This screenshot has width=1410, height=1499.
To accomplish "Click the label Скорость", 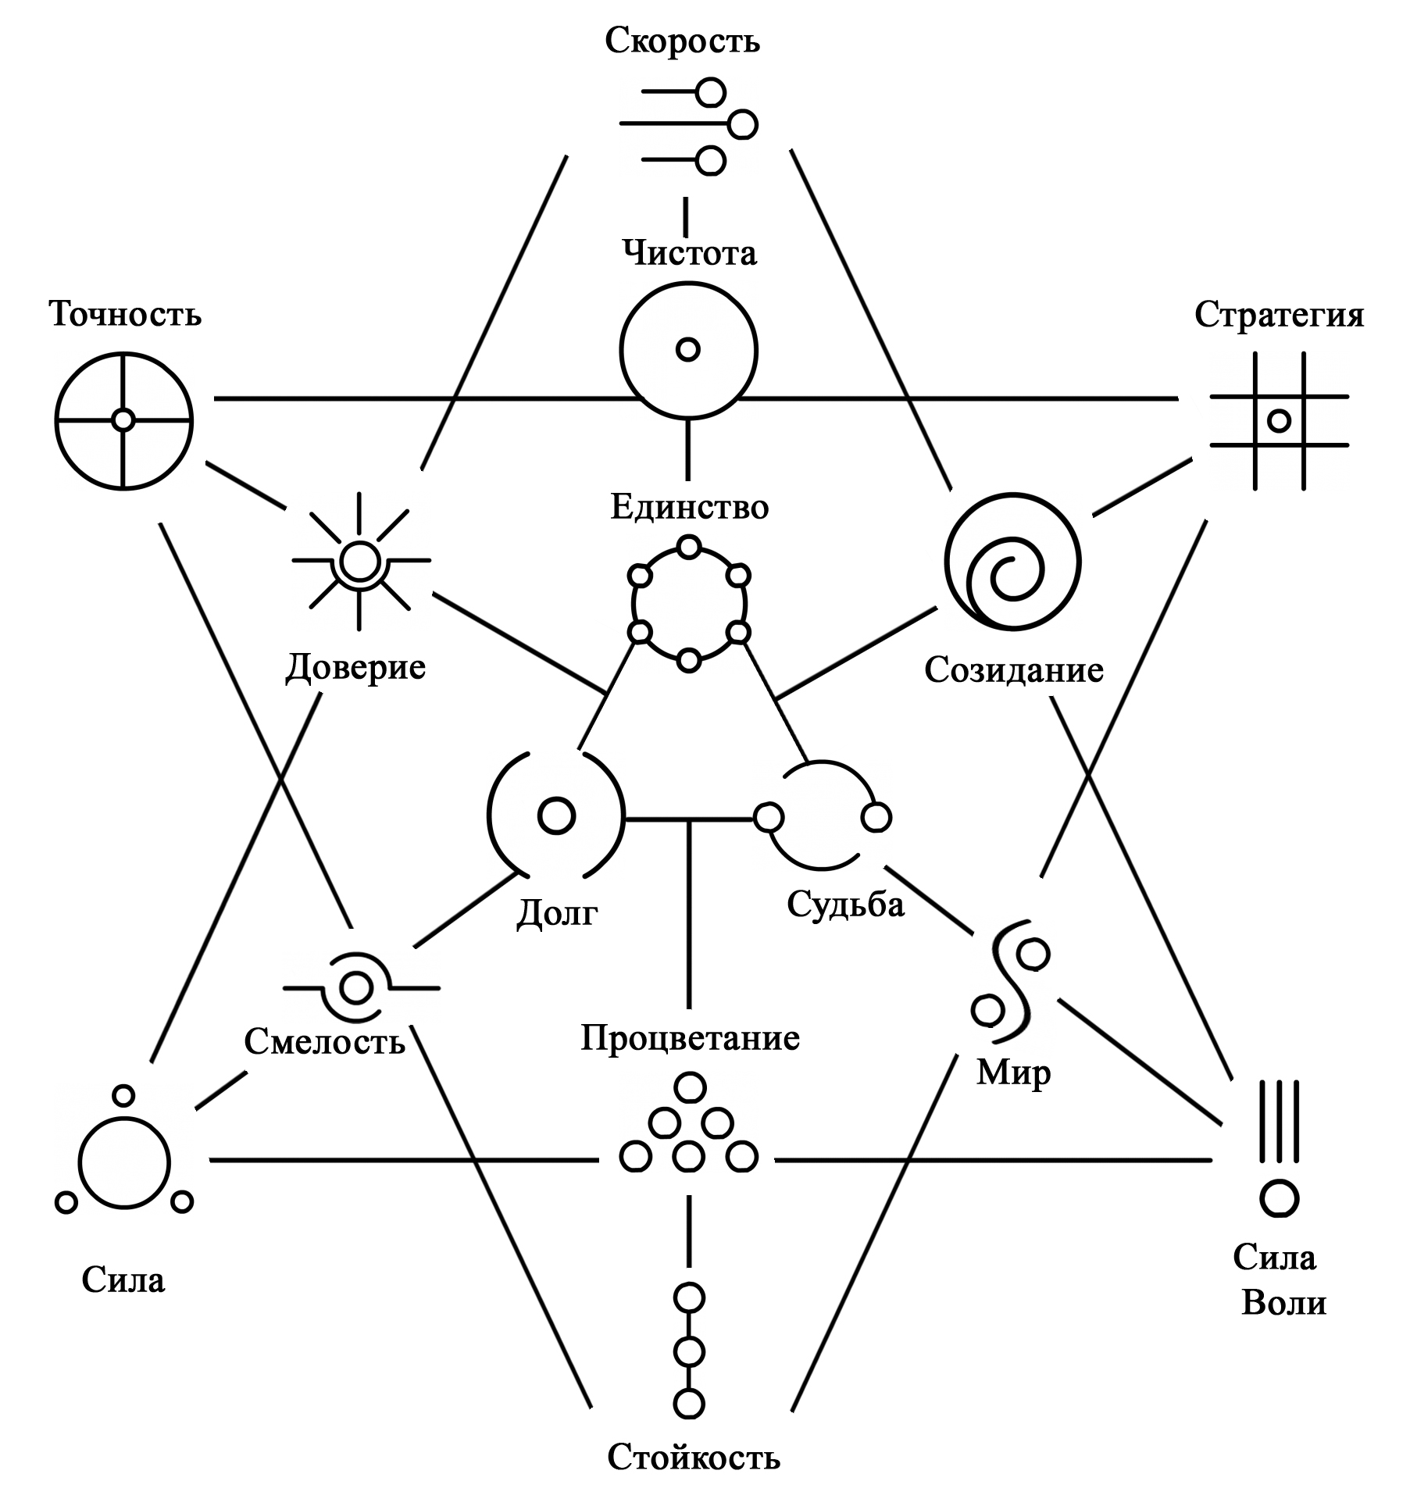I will click(x=682, y=41).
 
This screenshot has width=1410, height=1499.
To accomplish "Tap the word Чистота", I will click(x=689, y=252).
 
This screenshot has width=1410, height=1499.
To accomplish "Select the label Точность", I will click(x=126, y=314).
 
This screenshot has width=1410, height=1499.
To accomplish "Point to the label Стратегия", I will click(x=1279, y=315).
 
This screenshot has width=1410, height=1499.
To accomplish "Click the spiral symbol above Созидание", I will click(x=1013, y=561).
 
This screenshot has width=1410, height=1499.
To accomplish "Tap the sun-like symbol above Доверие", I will click(x=360, y=561).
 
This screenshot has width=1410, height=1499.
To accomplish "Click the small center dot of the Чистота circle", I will click(x=687, y=349).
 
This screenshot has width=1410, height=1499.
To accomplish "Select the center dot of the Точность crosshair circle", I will click(x=123, y=420).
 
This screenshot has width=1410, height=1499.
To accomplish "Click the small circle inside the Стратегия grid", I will click(x=1279, y=421).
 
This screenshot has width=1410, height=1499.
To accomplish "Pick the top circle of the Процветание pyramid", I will click(x=689, y=1087).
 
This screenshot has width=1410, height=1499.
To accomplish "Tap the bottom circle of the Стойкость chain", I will click(x=688, y=1403).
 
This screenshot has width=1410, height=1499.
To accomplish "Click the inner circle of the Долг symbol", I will click(x=556, y=816).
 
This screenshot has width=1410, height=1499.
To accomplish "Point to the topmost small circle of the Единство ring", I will click(x=688, y=547).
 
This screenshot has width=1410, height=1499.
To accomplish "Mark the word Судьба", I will click(x=845, y=904).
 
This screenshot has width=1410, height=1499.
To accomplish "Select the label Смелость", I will click(x=325, y=1040).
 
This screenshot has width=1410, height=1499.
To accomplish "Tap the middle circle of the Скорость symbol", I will click(x=742, y=124).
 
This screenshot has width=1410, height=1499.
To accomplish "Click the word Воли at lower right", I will click(x=1283, y=1303).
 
